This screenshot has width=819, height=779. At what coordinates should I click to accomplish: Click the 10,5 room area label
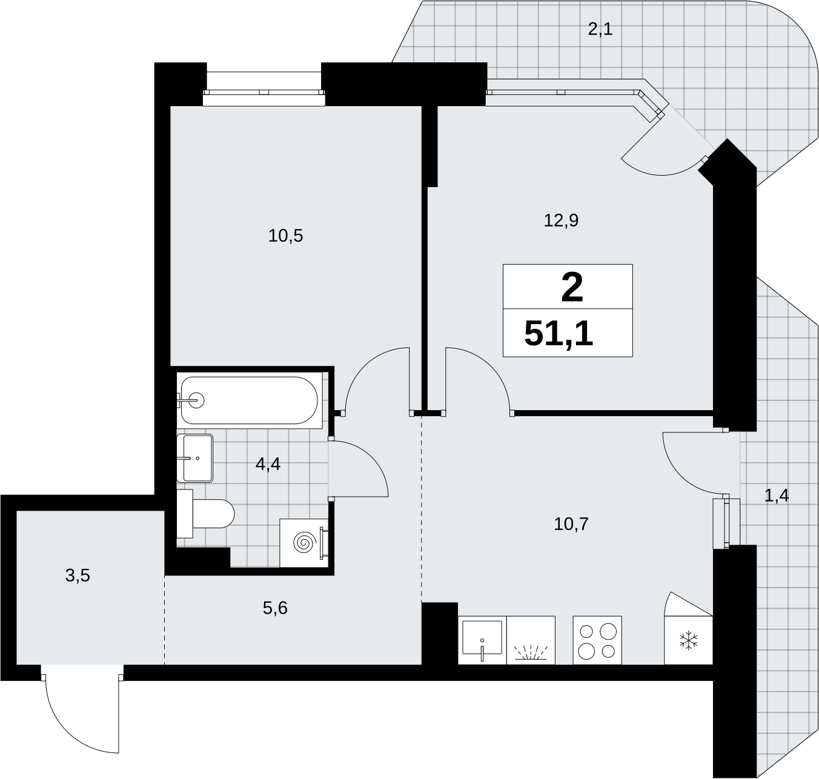click(285, 236)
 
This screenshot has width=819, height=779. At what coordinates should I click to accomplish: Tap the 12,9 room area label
click(561, 220)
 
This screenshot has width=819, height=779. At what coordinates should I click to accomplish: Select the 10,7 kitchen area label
click(571, 523)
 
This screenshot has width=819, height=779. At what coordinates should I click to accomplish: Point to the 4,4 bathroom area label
click(268, 463)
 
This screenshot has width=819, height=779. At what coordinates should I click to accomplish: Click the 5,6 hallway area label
click(275, 609)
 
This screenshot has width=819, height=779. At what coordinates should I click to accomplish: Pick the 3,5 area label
click(78, 575)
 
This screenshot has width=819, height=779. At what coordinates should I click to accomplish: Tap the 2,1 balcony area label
click(600, 29)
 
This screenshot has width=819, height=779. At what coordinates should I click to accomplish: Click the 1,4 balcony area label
click(777, 496)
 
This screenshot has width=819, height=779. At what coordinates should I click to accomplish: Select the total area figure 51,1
click(559, 334)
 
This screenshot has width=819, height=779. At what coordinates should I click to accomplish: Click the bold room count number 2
click(572, 288)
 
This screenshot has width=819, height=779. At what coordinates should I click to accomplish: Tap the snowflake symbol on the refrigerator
click(688, 640)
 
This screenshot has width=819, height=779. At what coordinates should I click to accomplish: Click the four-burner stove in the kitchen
click(597, 640)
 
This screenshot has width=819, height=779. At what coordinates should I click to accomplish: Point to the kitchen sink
click(482, 640)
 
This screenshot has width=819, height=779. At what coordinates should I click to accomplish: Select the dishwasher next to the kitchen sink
click(531, 640)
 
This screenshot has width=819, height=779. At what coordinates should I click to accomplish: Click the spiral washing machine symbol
click(303, 543)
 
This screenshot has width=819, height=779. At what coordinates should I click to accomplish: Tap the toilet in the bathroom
click(205, 514)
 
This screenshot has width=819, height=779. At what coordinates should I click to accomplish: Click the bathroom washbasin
click(194, 458)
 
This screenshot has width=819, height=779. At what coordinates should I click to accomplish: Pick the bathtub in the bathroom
click(249, 400)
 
